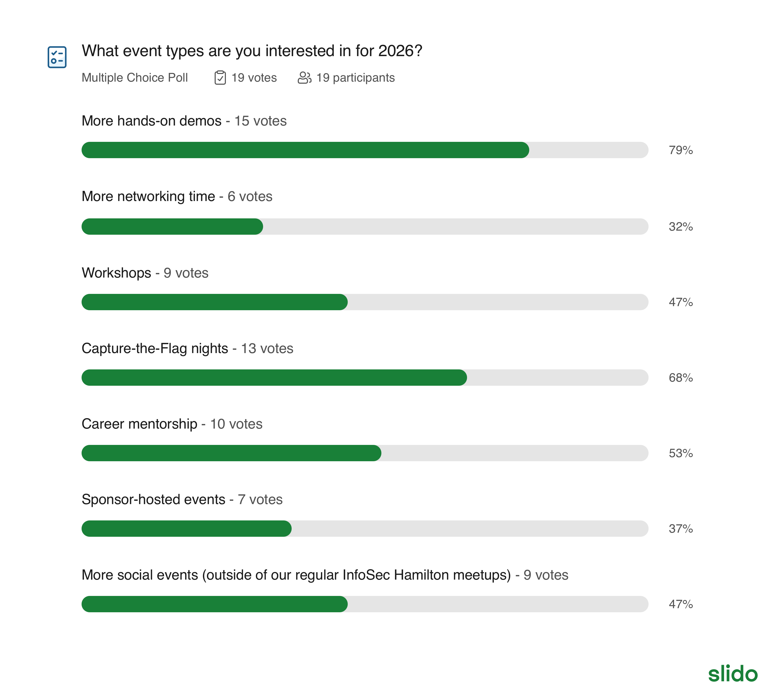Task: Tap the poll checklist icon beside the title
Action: click(x=57, y=57)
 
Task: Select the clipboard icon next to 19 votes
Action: click(x=220, y=78)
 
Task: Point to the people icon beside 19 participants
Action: click(x=304, y=78)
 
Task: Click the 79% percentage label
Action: click(x=681, y=150)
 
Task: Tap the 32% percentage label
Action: click(x=681, y=227)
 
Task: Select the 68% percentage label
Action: click(x=681, y=378)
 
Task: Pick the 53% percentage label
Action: click(x=681, y=453)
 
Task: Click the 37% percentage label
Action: click(x=681, y=529)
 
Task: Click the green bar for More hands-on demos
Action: click(x=305, y=150)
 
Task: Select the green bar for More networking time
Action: click(x=172, y=227)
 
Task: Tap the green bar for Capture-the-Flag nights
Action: click(x=274, y=378)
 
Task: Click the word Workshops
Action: click(x=116, y=273)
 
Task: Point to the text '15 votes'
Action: click(x=260, y=121)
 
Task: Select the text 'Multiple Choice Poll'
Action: click(x=135, y=78)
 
